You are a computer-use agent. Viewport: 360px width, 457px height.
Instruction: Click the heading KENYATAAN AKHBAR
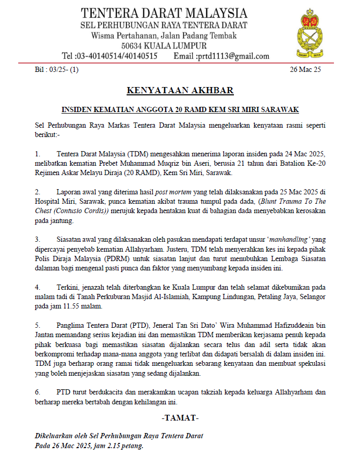point(180,91)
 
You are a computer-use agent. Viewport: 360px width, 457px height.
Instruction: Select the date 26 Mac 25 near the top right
point(305,69)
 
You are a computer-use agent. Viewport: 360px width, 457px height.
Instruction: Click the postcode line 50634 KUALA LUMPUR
point(164,46)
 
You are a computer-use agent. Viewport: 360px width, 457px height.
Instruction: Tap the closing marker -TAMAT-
point(180,418)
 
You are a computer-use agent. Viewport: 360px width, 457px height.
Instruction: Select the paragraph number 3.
point(37,239)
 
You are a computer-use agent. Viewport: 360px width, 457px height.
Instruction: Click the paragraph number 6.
point(37,391)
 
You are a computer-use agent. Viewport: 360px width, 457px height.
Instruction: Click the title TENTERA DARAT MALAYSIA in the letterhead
point(164,13)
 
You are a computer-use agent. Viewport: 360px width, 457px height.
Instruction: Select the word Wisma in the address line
point(103,36)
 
